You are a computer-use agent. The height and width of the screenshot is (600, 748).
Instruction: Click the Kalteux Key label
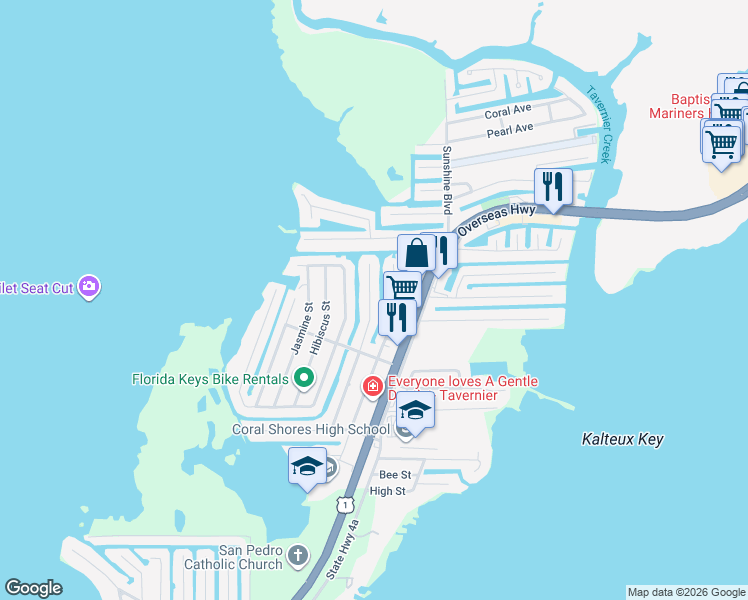[x=622, y=439]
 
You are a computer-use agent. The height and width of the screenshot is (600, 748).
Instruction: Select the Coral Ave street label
[x=509, y=110]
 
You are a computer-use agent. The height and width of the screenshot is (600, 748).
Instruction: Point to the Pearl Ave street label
[x=510, y=130]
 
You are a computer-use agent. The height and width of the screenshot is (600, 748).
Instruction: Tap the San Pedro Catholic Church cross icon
[x=298, y=555]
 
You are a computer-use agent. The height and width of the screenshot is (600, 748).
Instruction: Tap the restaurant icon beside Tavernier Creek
[x=552, y=185]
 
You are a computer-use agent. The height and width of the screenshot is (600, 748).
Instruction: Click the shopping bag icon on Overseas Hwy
[x=416, y=252]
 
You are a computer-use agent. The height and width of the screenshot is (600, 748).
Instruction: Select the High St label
[x=387, y=491]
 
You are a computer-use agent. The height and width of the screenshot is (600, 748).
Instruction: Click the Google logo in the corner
[x=33, y=588]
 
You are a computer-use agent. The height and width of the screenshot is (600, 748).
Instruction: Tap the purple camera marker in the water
[x=90, y=288]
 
